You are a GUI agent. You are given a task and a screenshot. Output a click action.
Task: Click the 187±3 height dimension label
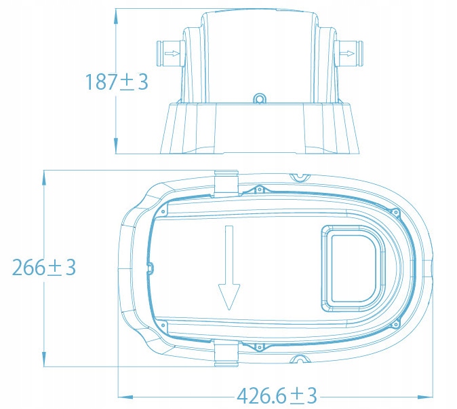click(117, 82)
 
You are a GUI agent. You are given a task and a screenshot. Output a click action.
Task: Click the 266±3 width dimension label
click(44, 267)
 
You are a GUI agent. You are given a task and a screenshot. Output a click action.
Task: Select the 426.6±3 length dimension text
click(277, 396)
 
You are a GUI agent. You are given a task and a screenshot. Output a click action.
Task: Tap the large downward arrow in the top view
click(229, 267)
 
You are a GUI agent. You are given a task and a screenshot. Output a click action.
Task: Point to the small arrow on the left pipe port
click(172, 54)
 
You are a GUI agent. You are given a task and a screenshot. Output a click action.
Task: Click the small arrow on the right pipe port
click(347, 54)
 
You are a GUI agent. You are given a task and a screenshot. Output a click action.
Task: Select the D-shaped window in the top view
click(353, 268)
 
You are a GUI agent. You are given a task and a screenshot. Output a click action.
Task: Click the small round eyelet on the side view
click(259, 99)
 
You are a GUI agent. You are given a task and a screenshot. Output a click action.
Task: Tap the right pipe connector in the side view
click(349, 54)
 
